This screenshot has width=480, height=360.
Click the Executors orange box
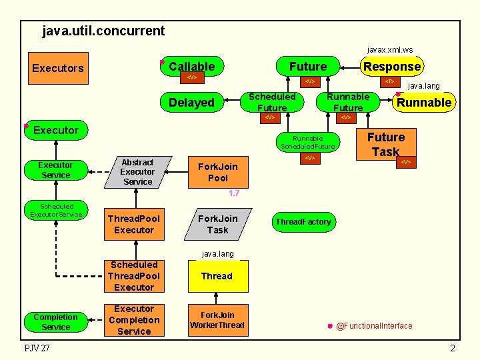(58, 68)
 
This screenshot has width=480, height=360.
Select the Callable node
(191, 66)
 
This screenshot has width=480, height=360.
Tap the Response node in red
(391, 66)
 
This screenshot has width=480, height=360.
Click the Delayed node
(191, 102)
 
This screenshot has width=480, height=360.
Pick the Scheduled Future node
(271, 102)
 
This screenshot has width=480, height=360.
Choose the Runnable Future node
(347, 102)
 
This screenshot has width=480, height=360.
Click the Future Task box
(385, 145)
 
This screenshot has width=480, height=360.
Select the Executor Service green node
(55, 170)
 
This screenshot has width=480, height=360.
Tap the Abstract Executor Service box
(137, 172)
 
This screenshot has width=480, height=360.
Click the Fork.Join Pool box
(217, 172)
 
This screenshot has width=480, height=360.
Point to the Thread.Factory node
(303, 222)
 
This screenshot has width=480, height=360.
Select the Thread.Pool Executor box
(133, 224)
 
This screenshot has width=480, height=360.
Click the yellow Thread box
(217, 276)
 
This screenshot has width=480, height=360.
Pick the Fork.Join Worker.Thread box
(217, 320)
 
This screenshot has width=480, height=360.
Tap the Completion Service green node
(55, 322)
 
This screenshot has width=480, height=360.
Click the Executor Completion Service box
(133, 320)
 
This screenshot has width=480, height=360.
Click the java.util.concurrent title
(103, 31)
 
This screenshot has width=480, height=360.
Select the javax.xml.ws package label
(390, 49)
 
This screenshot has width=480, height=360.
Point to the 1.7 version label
(233, 193)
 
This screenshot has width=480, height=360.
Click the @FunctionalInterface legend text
(374, 326)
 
